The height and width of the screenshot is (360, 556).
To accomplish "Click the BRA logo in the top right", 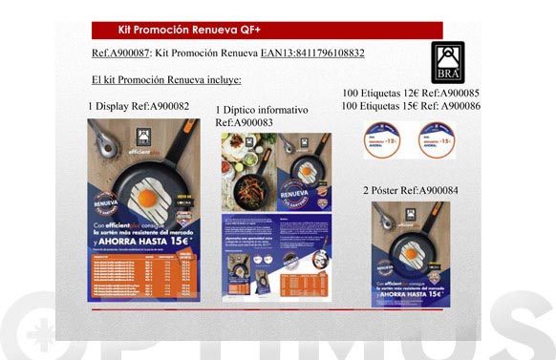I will pyautogui.click(x=447, y=61).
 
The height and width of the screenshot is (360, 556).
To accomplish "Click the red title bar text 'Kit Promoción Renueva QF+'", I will pyautogui.click(x=176, y=29).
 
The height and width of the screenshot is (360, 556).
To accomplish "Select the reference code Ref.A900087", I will pyautogui.click(x=121, y=53).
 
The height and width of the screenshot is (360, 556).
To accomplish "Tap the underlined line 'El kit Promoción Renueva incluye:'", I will pyautogui.click(x=166, y=79).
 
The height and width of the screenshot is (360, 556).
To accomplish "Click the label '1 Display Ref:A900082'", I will pyautogui.click(x=139, y=106).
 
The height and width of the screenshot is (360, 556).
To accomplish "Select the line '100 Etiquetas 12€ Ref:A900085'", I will pyautogui.click(x=410, y=93).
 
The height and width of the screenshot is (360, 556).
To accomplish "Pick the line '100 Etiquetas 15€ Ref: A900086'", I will pyautogui.click(x=411, y=106).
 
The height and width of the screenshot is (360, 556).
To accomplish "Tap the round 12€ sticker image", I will pyautogui.click(x=382, y=140).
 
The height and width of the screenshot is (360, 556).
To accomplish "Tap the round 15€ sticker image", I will pyautogui.click(x=437, y=140).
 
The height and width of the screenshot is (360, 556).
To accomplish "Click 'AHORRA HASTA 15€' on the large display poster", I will pyautogui.click(x=143, y=243).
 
